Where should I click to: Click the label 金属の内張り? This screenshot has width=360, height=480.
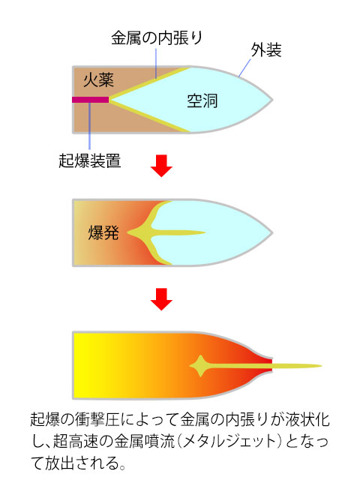157,38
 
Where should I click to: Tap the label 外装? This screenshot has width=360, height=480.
266,49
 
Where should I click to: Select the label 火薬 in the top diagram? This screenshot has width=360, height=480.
98,80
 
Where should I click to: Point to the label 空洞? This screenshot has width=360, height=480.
202,100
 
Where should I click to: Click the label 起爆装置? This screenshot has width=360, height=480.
90,160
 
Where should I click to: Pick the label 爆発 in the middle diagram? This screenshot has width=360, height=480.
103,232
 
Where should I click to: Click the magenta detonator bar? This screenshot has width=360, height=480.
91,100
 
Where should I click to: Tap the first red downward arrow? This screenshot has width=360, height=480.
161,166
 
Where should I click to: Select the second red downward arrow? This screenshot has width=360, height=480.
161,299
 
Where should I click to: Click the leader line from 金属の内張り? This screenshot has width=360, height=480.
156,63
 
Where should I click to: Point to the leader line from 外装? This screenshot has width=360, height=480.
244,68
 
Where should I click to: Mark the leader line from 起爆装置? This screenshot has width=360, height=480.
90,126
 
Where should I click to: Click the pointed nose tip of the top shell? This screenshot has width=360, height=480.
272,100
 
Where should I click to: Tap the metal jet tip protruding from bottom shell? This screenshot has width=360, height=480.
322,366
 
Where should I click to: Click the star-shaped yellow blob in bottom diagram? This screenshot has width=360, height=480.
200,366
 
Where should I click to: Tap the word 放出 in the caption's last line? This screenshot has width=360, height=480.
60,463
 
